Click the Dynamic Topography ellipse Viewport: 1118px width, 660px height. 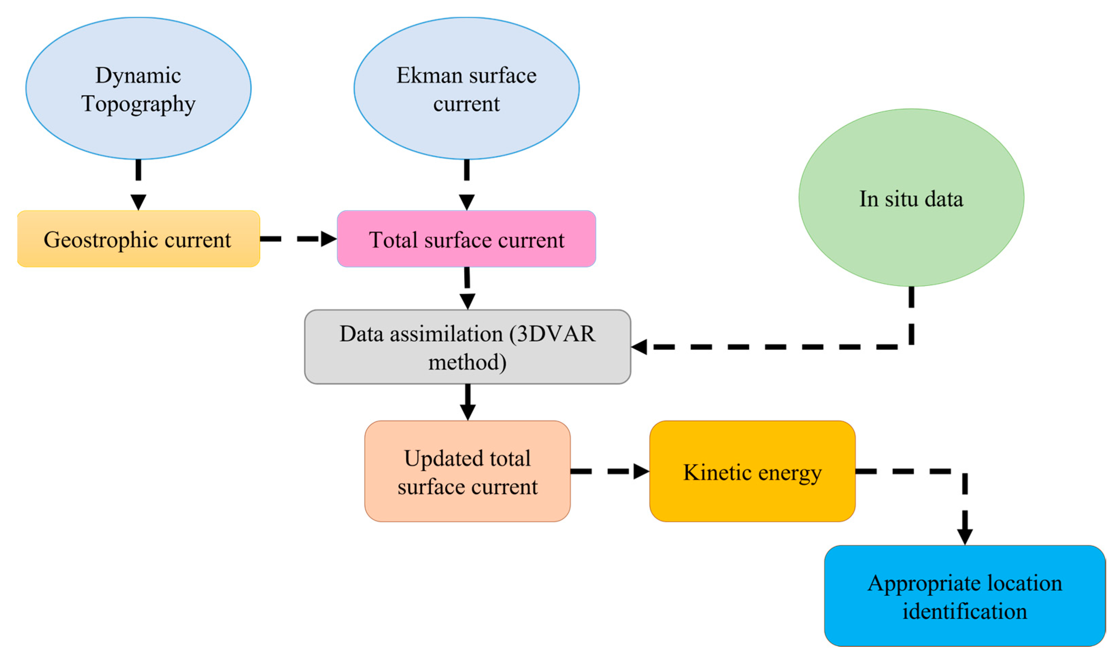[138, 88]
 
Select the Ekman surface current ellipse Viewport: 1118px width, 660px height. [467, 88]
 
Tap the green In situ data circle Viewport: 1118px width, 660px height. [911, 198]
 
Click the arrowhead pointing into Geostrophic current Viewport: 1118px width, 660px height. [138, 202]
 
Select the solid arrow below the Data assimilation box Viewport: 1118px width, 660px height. [468, 401]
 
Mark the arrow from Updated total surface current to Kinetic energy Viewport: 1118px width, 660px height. [609, 471]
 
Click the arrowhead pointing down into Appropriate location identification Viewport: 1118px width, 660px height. [965, 536]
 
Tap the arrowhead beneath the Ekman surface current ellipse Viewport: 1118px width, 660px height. [467, 202]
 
